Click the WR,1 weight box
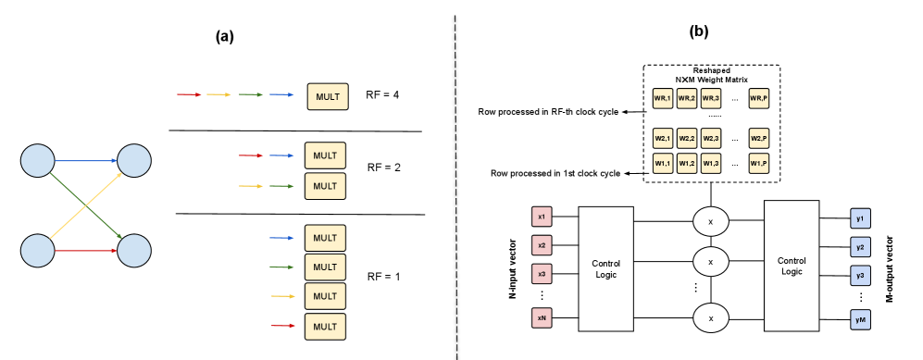pyautogui.click(x=662, y=98)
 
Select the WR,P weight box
pyautogui.click(x=758, y=98)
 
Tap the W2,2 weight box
pyautogui.click(x=686, y=138)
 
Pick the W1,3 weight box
pyautogui.click(x=710, y=163)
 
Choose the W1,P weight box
pyautogui.click(x=758, y=163)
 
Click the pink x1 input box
pyautogui.click(x=542, y=217)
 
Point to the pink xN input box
pyautogui.click(x=542, y=317)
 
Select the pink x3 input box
pyautogui.click(x=542, y=274)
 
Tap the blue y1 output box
pyautogui.click(x=860, y=219)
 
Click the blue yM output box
pyautogui.click(x=860, y=320)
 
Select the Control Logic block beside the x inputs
pyautogui.click(x=605, y=268)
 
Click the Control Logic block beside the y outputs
pyautogui.click(x=792, y=266)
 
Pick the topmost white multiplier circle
pyautogui.click(x=711, y=222)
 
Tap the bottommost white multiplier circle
pyautogui.click(x=711, y=318)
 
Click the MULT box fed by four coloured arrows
pyautogui.click(x=328, y=96)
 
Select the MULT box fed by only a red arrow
pyautogui.click(x=325, y=327)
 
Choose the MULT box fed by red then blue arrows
pyautogui.click(x=325, y=155)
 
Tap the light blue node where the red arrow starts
pyautogui.click(x=38, y=251)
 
